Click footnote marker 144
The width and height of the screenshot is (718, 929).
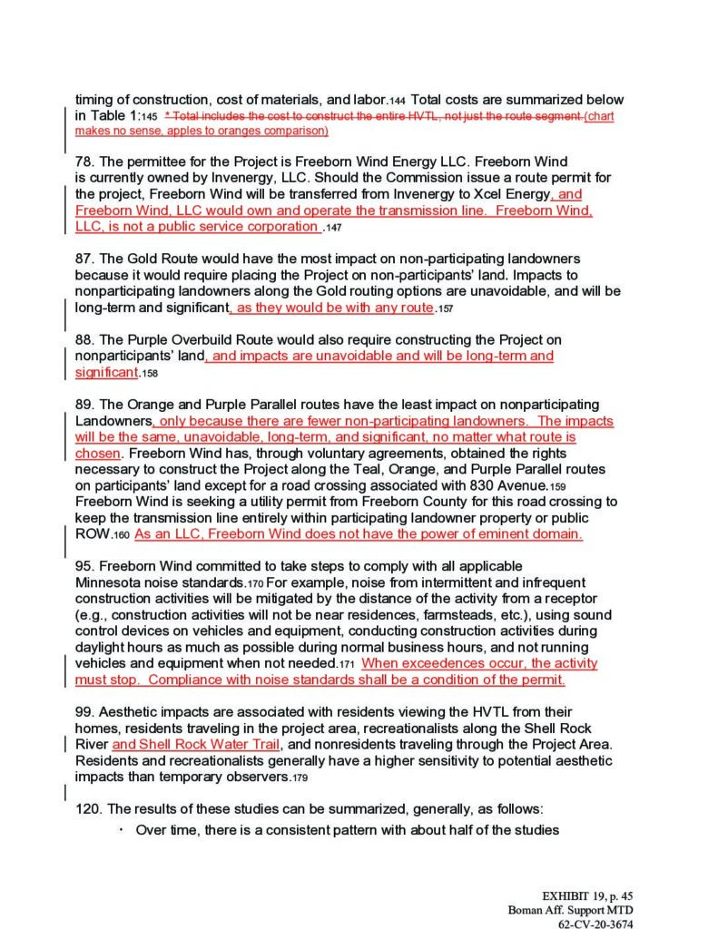tap(398, 101)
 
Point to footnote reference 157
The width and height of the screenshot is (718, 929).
tap(444, 309)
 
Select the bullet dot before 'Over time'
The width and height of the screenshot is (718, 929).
tap(121, 829)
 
